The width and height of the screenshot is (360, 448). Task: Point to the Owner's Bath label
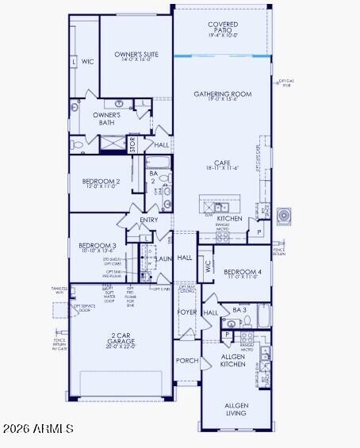pyautogui.click(x=106, y=119)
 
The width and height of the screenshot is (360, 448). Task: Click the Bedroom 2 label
pyautogui.click(x=101, y=183)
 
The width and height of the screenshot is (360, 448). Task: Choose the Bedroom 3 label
pyautogui.click(x=98, y=248)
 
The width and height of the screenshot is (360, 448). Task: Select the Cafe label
pyautogui.click(x=222, y=165)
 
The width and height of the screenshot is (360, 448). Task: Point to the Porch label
pyautogui.click(x=187, y=360)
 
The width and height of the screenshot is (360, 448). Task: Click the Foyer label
pyautogui.click(x=187, y=312)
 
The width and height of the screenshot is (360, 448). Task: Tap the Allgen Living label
pyautogui.click(x=236, y=408)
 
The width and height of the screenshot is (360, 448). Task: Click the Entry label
pyautogui.click(x=149, y=220)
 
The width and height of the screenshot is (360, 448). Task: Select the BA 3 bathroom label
pyautogui.click(x=239, y=309)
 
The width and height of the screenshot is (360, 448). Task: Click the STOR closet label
pyautogui.click(x=133, y=144)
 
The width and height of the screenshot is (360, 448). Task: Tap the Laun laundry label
pyautogui.click(x=164, y=258)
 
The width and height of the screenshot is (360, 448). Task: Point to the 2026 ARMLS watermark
pyautogui.click(x=38, y=429)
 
